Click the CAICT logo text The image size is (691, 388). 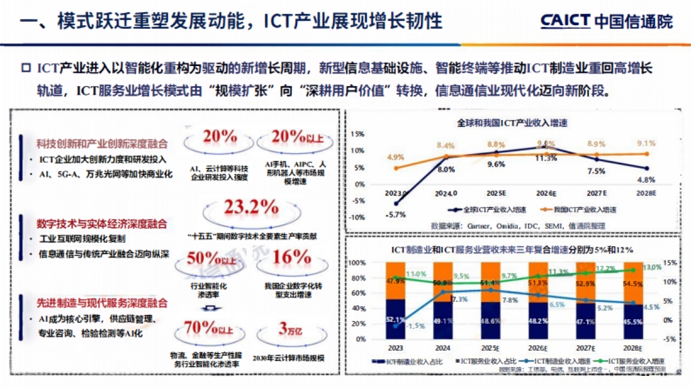[565, 21]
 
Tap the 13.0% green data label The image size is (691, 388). [651, 267]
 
